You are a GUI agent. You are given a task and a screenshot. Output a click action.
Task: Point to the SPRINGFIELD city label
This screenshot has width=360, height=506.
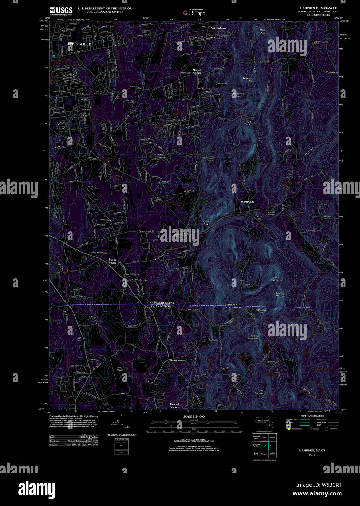[x=79, y=44]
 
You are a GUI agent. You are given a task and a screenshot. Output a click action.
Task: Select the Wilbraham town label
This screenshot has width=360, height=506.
[x=219, y=28]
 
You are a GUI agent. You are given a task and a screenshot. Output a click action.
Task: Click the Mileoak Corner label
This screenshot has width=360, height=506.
[x=197, y=71]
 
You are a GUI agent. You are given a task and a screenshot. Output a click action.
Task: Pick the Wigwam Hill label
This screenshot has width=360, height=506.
[x=247, y=79]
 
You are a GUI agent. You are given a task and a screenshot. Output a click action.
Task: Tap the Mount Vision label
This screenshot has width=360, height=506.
[x=248, y=123]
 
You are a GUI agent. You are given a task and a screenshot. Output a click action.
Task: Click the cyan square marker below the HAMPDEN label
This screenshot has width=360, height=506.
[x=248, y=207]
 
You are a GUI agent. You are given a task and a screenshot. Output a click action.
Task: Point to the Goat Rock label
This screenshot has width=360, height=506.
[x=206, y=222]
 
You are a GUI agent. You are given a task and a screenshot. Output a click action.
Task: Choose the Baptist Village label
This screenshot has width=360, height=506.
[x=113, y=261]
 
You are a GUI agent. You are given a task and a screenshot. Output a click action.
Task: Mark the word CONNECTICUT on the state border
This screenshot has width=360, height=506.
[x=161, y=307]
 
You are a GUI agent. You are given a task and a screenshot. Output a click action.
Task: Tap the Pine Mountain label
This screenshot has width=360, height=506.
[x=277, y=279]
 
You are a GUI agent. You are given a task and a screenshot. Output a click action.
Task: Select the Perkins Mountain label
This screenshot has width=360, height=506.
[x=253, y=337]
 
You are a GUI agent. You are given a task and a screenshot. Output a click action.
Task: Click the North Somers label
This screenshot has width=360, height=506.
[x=178, y=360]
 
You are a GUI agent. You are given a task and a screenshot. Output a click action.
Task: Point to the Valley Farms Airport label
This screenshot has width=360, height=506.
[x=122, y=369]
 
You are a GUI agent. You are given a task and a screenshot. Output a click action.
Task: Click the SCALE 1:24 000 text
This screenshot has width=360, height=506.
[x=194, y=416]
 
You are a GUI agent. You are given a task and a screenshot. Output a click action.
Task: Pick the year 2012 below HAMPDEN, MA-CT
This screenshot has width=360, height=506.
[x=312, y=455]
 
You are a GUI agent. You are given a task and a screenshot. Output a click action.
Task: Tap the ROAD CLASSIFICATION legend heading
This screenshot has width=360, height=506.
[x=312, y=416]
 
